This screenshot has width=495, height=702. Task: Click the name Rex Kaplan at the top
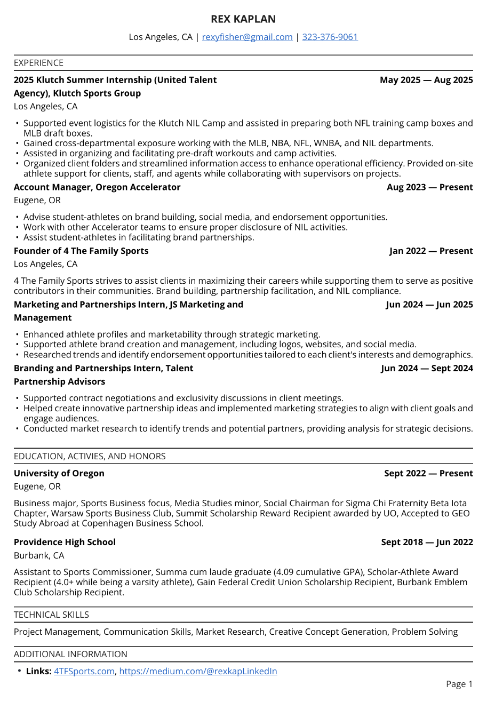(x=243, y=19)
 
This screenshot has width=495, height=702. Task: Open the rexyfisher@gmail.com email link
(x=247, y=37)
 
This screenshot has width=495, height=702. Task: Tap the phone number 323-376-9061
(x=330, y=37)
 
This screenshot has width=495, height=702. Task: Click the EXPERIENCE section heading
(x=38, y=63)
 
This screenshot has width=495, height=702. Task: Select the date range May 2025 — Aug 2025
(x=426, y=80)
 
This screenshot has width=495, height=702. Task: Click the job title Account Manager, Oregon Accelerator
(x=97, y=187)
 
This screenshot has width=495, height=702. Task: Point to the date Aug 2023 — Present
(x=429, y=187)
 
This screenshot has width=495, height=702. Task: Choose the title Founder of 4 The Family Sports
(x=81, y=251)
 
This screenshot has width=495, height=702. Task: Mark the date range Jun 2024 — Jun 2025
(x=429, y=305)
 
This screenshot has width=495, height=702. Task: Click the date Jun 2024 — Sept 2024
(x=427, y=368)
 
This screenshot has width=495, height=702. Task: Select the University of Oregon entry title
(x=59, y=473)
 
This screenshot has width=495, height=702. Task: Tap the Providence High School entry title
(x=65, y=542)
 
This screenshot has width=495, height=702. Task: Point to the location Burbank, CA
(x=39, y=555)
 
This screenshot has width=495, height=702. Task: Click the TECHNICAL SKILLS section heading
(x=51, y=615)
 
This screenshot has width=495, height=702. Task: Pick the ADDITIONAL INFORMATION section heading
(x=70, y=655)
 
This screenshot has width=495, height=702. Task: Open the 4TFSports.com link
(x=84, y=671)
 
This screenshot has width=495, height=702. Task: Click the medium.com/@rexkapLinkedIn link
(x=198, y=671)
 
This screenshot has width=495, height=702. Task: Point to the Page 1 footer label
(x=459, y=684)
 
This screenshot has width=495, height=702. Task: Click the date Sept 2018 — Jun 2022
(x=427, y=542)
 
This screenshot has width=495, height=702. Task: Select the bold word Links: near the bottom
(x=39, y=671)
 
